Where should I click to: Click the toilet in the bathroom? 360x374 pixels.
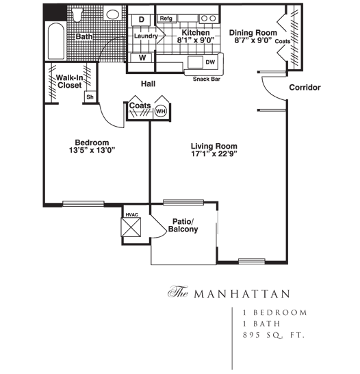77,15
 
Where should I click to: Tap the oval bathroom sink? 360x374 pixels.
113,14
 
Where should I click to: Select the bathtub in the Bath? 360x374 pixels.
56,41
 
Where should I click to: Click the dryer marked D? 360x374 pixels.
141,20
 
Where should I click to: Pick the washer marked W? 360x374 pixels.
142,58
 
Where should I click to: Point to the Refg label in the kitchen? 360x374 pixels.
166,18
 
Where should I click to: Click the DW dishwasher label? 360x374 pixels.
210,62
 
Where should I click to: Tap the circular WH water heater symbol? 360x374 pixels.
161,111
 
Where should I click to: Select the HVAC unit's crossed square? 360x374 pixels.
131,227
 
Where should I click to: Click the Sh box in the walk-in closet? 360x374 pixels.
90,97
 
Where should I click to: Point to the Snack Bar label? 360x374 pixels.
206,79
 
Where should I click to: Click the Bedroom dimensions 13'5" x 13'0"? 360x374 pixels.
92,150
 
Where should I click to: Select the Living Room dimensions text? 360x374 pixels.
214,154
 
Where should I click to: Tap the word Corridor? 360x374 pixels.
305,88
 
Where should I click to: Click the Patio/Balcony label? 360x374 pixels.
183,225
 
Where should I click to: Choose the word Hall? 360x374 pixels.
148,84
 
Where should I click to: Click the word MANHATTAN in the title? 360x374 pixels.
242,294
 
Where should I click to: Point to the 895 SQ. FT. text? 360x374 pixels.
274,335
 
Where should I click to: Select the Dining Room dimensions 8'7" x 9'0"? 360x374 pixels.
253,40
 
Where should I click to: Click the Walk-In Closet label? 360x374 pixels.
69,82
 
